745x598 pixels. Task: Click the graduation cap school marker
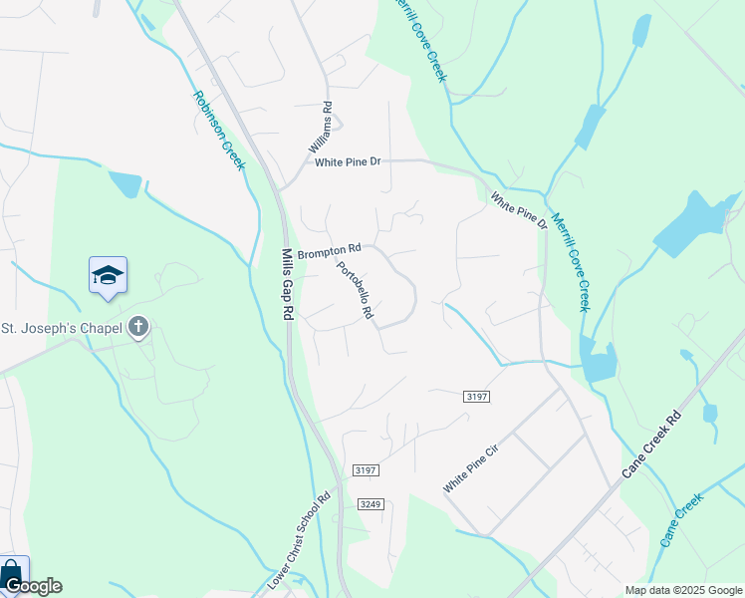[x=108, y=275]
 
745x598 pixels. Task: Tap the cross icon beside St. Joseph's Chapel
[x=137, y=327]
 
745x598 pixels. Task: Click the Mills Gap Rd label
[x=288, y=284]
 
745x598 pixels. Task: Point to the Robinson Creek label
[x=218, y=131]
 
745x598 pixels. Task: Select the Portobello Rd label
[x=355, y=290]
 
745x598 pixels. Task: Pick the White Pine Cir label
[x=470, y=468]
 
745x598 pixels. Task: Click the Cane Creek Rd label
[x=651, y=444]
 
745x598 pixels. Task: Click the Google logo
[x=33, y=586]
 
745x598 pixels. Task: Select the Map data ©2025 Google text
[x=683, y=589]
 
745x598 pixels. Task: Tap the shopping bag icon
[x=12, y=572]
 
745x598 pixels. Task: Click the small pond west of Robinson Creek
[x=125, y=184]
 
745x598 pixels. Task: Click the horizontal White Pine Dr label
[x=348, y=162]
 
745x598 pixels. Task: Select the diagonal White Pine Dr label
[x=519, y=210]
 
